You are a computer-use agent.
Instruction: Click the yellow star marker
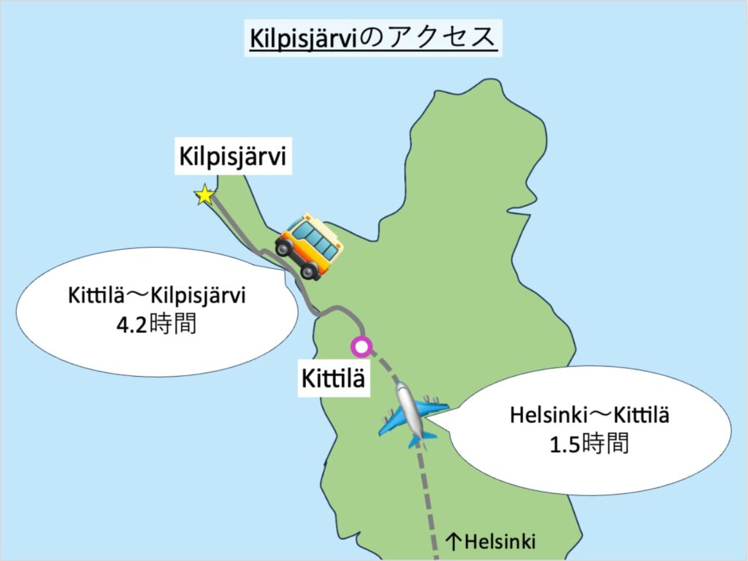[205, 195]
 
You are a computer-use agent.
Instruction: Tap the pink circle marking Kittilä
[360, 346]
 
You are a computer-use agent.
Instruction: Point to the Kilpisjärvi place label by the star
[233, 158]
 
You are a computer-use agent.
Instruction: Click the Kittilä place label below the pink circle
[332, 380]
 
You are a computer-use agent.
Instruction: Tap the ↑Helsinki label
[490, 542]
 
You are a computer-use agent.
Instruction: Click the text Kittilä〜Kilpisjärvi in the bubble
[157, 297]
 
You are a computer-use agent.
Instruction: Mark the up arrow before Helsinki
[453, 542]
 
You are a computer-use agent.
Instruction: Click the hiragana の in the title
[370, 38]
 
